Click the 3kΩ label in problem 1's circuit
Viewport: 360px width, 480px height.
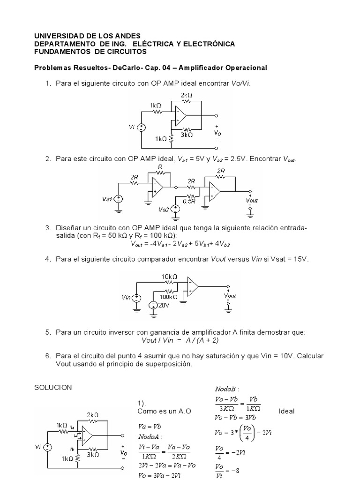point(187,135)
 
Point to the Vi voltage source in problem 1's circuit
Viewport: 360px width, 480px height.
point(141,127)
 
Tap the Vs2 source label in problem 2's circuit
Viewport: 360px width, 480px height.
point(164,209)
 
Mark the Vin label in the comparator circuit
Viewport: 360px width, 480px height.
point(126,297)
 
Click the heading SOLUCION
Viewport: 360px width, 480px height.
point(53,387)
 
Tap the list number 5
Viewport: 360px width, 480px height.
point(48,332)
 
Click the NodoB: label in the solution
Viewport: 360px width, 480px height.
point(227,389)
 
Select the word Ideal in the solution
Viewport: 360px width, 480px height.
point(286,411)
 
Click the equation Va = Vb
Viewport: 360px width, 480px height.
point(149,427)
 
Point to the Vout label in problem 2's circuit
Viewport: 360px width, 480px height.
point(252,200)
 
